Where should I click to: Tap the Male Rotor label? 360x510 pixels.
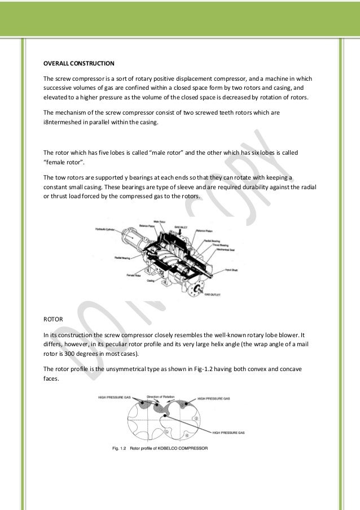click(x=160, y=221)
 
